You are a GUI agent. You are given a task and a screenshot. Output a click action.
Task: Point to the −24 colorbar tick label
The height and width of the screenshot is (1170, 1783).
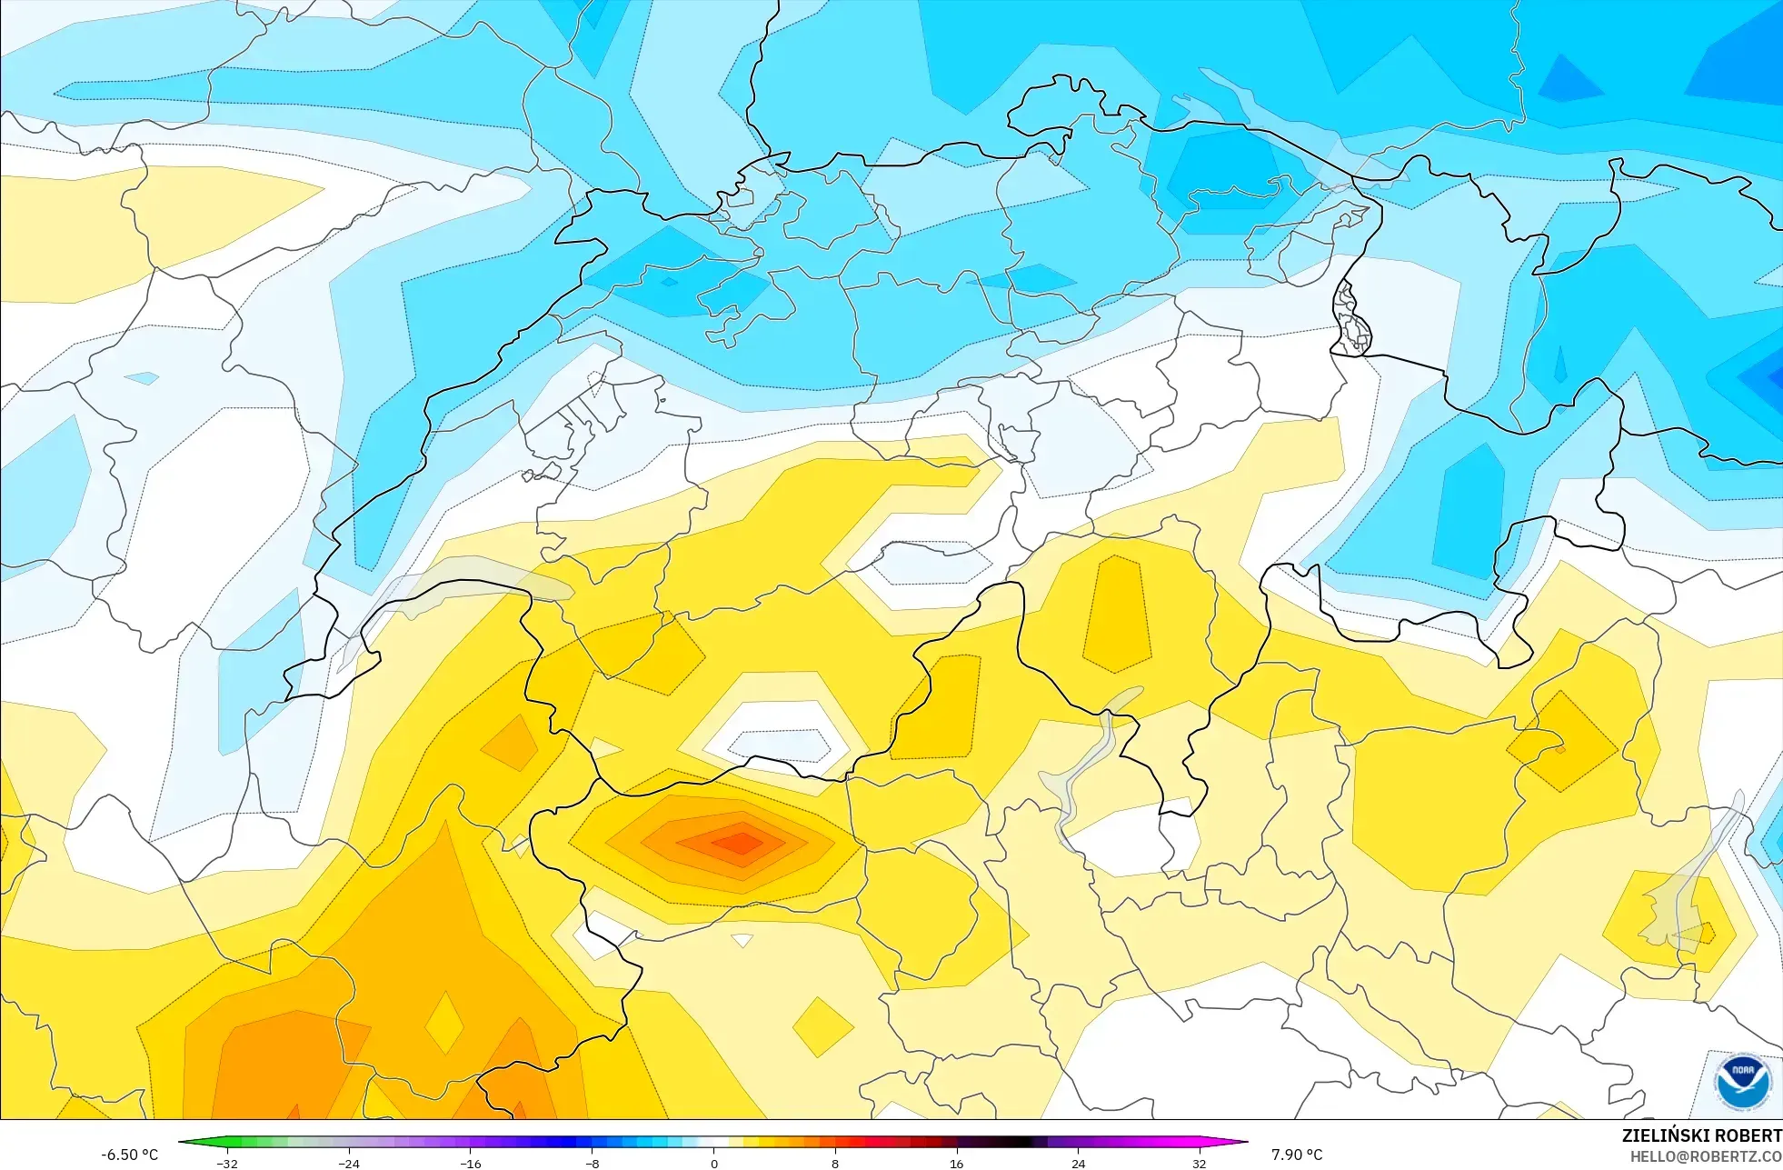pos(348,1163)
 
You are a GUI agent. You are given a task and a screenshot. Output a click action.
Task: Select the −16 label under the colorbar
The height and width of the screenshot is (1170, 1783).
pos(470,1163)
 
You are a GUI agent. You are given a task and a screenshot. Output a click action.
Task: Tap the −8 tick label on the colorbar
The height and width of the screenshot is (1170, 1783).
pos(592,1163)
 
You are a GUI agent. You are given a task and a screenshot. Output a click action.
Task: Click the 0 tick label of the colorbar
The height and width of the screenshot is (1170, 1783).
pos(714,1163)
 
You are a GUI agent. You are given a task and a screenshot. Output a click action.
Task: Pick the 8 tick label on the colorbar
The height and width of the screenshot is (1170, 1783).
pos(835,1163)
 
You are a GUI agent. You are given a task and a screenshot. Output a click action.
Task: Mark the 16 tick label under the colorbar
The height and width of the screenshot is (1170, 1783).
pos(956,1163)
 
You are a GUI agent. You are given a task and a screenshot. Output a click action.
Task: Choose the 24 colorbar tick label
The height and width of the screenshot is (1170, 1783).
pos(1078,1163)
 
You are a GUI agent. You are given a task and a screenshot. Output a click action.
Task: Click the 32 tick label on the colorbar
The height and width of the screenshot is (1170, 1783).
pos(1200,1163)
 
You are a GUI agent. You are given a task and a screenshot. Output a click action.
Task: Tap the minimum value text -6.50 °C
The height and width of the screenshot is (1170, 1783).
pos(129,1155)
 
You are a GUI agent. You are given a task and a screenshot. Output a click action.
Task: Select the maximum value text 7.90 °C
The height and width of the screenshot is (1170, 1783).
pos(1297,1155)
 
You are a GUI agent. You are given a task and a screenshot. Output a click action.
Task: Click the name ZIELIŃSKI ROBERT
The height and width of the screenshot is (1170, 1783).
pos(1701,1135)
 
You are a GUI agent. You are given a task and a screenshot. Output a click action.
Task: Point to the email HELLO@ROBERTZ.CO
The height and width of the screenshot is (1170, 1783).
pos(1705,1156)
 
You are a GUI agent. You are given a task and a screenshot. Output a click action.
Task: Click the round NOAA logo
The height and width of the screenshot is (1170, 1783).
pos(1742,1081)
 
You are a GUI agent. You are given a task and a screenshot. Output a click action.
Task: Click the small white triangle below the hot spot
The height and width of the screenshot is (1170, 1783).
pos(742,940)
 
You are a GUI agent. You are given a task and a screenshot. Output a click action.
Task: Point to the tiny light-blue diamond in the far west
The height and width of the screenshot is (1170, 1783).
pos(142,377)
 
